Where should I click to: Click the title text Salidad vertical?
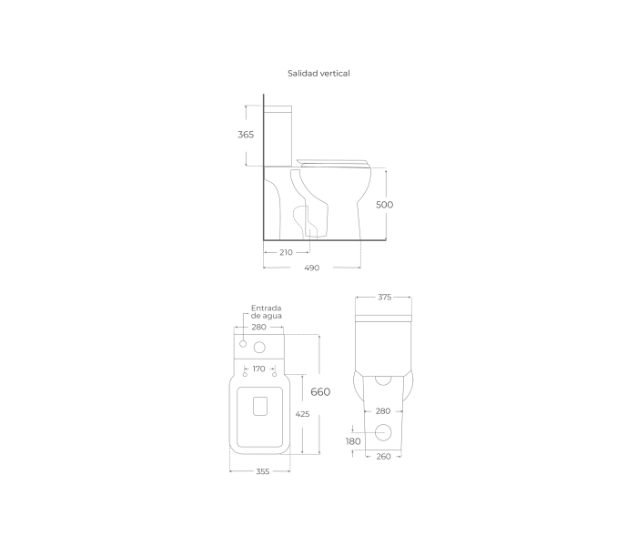coord(318,74)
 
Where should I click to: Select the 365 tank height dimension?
coord(246,135)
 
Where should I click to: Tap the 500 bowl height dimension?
coord(384,205)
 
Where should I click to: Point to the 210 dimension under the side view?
coord(286,253)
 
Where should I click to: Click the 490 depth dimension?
coord(312,268)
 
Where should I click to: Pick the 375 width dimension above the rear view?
coord(384,298)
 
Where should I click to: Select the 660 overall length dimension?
coord(320,392)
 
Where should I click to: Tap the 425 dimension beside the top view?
coord(302,414)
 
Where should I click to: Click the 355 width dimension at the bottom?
coord(263,471)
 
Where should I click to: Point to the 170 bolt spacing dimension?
coord(258,369)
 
